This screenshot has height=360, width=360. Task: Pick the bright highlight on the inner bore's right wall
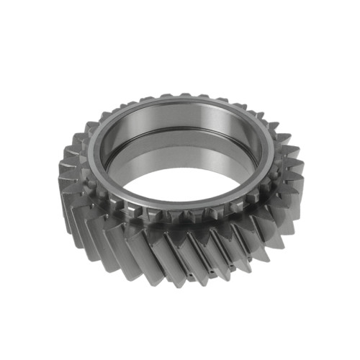coord(248,148)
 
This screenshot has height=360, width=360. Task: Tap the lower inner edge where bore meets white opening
coord(180,197)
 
